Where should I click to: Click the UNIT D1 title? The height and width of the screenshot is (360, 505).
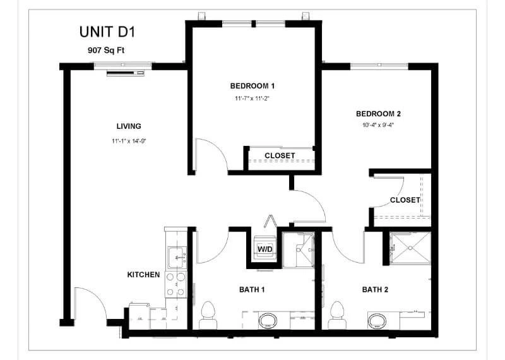coord(107,32)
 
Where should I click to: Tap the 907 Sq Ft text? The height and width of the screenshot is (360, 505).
coord(106,51)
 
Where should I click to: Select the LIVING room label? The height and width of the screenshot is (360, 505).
coord(129,126)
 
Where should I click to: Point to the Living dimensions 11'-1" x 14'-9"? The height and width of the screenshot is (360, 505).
coord(129,141)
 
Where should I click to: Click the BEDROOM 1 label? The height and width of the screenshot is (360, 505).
coord(252,86)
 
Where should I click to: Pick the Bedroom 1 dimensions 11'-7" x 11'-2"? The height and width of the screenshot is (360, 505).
coord(252,99)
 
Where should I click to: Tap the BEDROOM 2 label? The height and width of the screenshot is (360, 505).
coord(378,114)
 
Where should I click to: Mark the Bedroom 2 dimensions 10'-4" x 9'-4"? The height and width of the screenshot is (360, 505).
coord(378,125)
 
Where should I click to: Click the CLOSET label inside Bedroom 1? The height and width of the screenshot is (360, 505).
coord(280,155)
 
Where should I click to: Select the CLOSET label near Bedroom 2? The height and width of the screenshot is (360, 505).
coord(405,200)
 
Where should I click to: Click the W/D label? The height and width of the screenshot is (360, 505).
coord(265,249)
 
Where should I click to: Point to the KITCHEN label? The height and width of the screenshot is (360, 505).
coord(144,275)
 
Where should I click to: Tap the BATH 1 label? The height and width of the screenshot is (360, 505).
coord(252,289)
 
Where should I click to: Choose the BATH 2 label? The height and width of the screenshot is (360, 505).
coord(375,289)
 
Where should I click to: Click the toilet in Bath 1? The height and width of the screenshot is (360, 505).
coord(208,316)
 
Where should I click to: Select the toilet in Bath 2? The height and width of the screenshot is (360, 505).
coord(337,316)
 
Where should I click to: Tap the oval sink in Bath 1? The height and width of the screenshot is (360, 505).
coord(268,320)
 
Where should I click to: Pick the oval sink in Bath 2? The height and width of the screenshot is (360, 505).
coord(377,321)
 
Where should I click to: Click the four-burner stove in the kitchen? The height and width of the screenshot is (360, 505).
coord(176,285)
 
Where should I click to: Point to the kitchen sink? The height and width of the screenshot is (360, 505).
coord(177,257)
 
